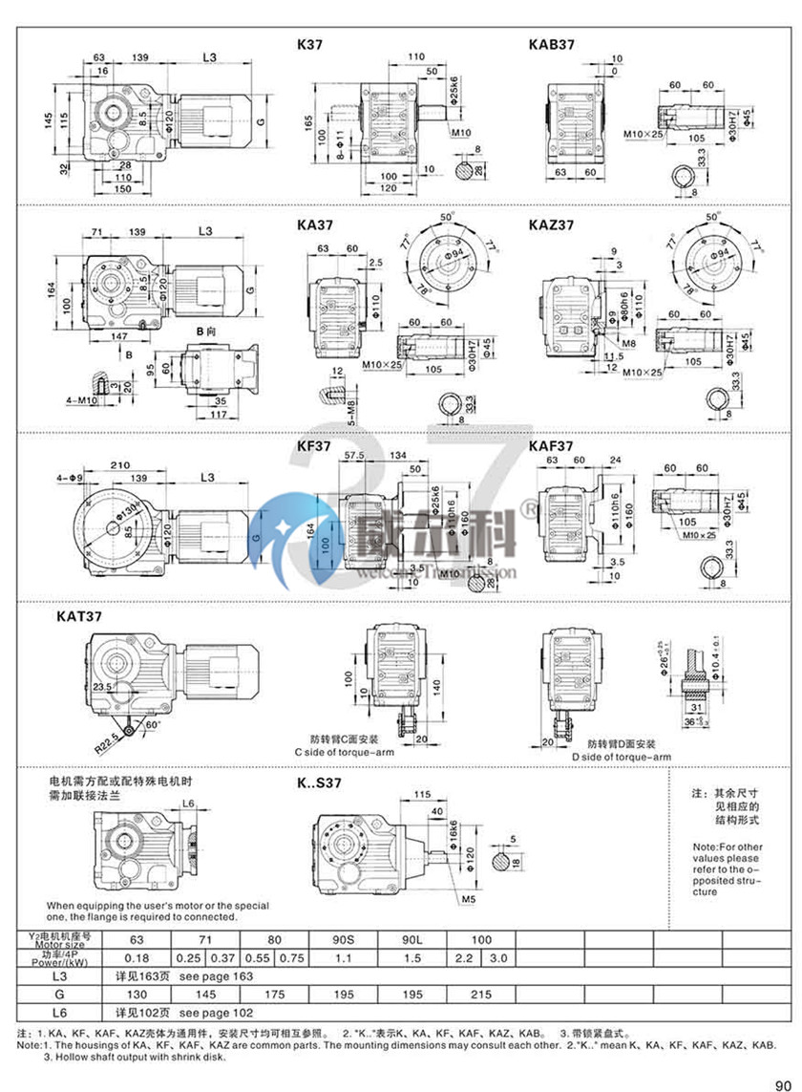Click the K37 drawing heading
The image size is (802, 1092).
coord(312,44)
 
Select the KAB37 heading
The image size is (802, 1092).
coord(551,44)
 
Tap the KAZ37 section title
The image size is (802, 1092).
coord(552,225)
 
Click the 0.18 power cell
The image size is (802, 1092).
coord(137,958)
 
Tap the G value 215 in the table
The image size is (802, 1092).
coord(481,995)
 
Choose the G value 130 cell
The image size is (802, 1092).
coord(137,995)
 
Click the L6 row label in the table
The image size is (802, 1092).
coord(58,1012)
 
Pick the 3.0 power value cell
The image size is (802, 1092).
coord(498,958)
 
